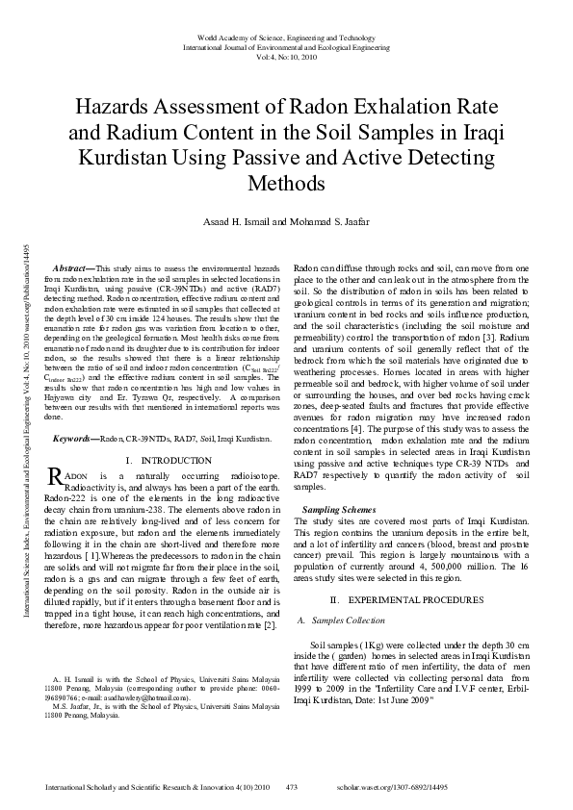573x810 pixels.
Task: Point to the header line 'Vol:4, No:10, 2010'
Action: pos(286,57)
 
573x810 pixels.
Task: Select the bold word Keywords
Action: pos(75,438)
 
